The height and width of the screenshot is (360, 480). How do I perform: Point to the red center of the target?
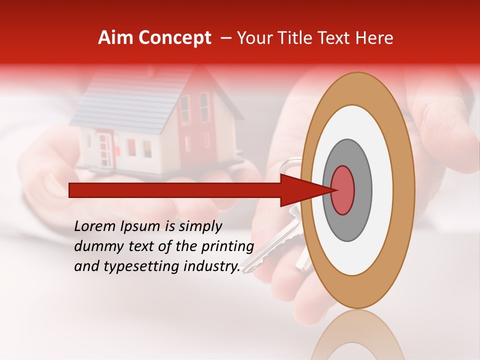[x=343, y=189]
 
